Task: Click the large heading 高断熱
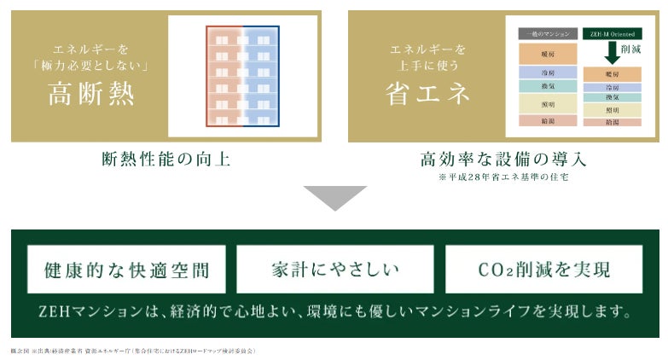click(x=90, y=94)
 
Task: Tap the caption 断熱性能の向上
click(x=166, y=160)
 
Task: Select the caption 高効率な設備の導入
click(x=503, y=160)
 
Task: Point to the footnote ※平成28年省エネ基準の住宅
click(x=503, y=177)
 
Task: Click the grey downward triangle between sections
click(x=334, y=198)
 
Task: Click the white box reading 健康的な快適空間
click(x=126, y=270)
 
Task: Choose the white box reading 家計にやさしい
click(x=334, y=270)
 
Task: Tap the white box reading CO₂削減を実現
click(x=544, y=270)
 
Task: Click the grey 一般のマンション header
click(x=547, y=34)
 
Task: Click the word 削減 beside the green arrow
click(x=632, y=50)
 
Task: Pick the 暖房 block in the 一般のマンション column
click(x=547, y=54)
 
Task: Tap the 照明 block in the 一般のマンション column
click(x=547, y=104)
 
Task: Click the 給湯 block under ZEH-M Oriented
click(x=613, y=123)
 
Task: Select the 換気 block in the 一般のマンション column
click(x=547, y=86)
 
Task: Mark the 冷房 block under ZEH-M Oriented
click(x=613, y=88)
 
